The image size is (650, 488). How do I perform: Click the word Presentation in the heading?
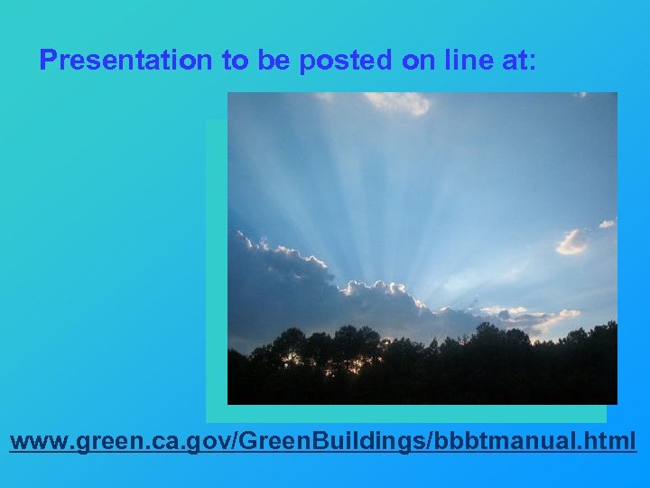[x=126, y=61]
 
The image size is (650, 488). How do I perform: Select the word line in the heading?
[x=467, y=61]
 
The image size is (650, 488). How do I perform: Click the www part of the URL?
[x=37, y=442]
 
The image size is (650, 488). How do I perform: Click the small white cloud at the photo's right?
[x=571, y=241]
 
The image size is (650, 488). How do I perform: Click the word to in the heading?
[x=234, y=61]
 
